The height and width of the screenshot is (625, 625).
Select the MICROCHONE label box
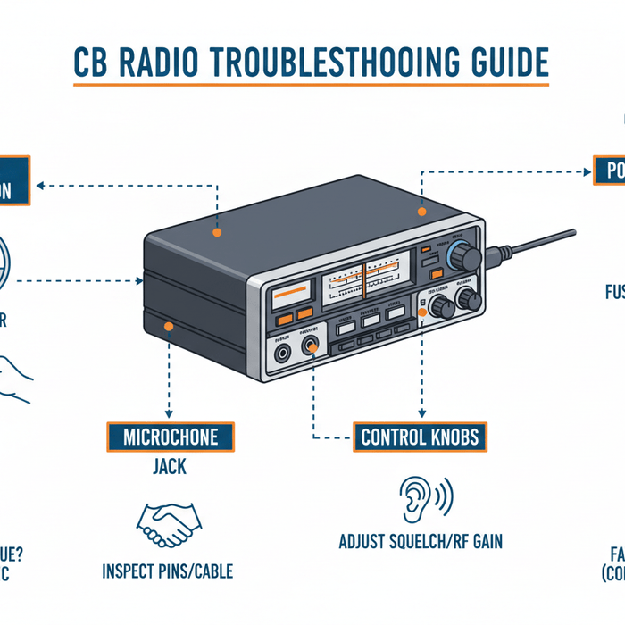170,437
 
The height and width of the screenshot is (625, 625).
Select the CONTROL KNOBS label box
420,437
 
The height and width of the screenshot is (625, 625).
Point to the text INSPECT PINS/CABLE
170,571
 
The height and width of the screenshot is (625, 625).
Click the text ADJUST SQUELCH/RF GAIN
420,541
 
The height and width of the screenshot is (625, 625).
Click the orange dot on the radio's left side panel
168,328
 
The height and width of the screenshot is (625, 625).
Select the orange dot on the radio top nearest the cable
422,213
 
